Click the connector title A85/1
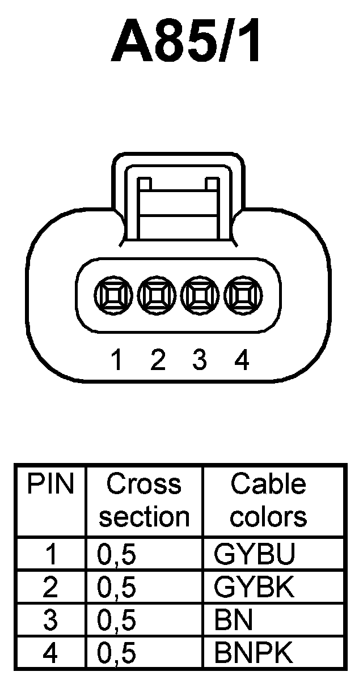point(187,42)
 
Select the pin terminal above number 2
point(154,294)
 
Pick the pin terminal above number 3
point(199,294)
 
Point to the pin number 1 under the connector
point(117,360)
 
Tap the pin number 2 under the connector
point(158,360)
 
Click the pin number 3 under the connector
point(199,360)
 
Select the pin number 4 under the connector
point(242,360)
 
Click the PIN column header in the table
point(51,484)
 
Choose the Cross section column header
point(144,500)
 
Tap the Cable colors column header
point(268,500)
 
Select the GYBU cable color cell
point(255,555)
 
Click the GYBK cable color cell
point(255,588)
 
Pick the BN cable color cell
point(233,620)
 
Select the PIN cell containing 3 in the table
point(51,620)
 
